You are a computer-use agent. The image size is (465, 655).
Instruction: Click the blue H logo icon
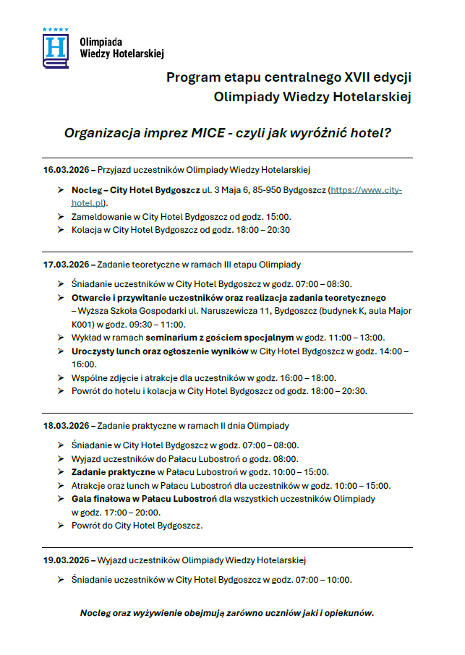56,48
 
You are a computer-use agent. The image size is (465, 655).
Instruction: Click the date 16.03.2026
65,170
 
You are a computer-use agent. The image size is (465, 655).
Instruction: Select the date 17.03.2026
65,264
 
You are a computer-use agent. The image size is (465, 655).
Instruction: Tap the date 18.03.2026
65,426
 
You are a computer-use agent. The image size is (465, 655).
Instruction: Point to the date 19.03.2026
65,560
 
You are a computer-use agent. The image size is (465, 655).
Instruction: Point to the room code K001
83,324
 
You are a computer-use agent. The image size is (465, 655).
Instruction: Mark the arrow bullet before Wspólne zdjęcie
61,378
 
